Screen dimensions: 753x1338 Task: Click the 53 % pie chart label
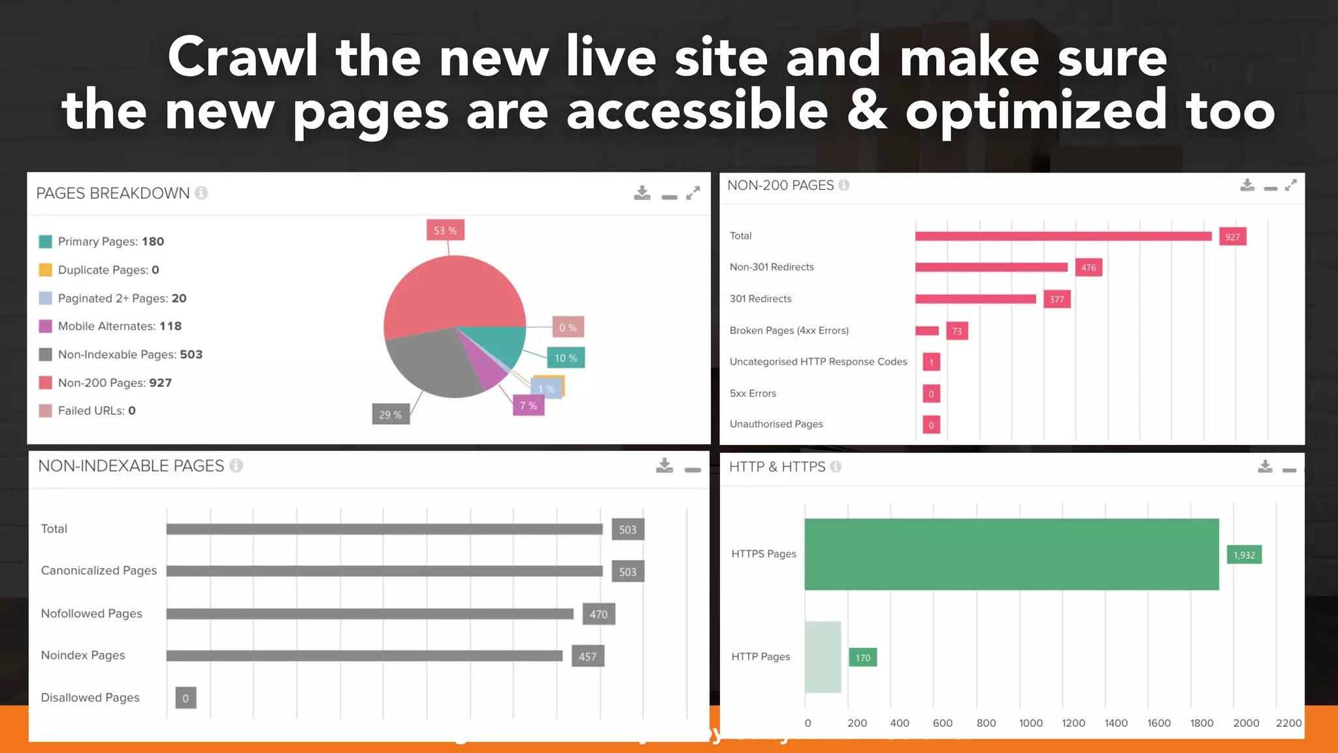coord(445,231)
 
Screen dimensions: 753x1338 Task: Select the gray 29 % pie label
coord(391,414)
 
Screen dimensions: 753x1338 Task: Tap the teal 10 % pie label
coord(566,358)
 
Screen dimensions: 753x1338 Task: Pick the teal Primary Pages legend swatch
coord(45,242)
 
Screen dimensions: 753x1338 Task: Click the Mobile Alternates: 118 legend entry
coord(120,326)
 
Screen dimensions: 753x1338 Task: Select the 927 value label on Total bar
coord(1232,237)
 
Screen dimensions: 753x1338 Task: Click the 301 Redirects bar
coord(975,299)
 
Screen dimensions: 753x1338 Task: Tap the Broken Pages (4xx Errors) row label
coord(789,331)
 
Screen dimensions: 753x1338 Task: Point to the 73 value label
coord(956,331)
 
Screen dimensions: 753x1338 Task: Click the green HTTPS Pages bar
coord(1011,554)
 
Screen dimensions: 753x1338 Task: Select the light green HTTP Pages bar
coord(823,657)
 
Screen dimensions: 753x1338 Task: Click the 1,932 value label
coord(1244,555)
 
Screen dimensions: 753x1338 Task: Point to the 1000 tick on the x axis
coord(1030,723)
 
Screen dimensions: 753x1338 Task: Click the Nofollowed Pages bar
coord(370,614)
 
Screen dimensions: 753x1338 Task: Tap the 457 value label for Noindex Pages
coord(587,656)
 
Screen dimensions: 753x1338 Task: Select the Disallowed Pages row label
coord(90,697)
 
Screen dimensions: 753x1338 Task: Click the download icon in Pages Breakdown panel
coord(642,193)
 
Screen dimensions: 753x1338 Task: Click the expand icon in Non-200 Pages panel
coord(1290,186)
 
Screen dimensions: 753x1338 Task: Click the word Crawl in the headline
coord(242,58)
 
